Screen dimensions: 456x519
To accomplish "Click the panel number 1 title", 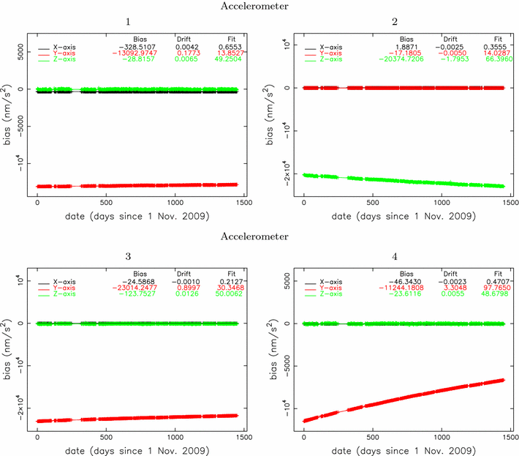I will click(138, 23).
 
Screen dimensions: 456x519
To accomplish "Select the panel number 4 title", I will click(404, 258).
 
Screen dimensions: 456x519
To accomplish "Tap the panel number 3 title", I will click(138, 258).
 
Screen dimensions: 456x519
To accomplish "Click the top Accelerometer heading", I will click(259, 6).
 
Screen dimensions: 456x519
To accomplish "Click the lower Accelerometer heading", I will click(259, 236).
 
